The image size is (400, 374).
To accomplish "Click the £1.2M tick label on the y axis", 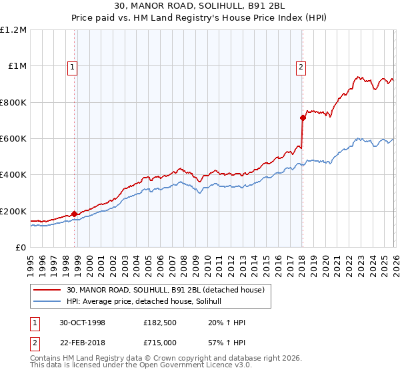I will [13, 30].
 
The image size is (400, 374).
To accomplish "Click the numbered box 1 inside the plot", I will [71, 66].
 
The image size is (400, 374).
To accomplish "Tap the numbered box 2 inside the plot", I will [301, 66].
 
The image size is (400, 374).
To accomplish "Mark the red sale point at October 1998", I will [74, 214].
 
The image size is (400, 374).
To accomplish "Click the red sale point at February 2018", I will [303, 118].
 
